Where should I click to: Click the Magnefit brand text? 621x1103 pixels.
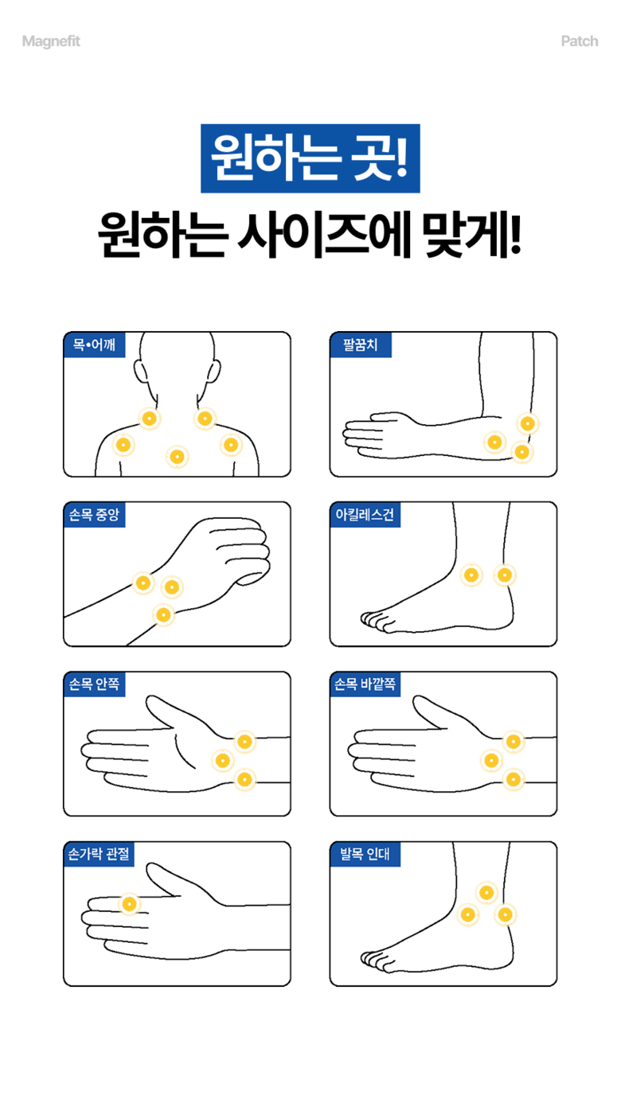click(51, 41)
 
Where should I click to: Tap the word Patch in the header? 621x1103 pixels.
click(580, 41)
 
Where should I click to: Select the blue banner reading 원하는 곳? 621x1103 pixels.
click(310, 158)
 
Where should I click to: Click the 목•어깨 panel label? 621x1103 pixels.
click(94, 345)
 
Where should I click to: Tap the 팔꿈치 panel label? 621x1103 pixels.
click(361, 345)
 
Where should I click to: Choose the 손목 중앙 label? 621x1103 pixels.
click(94, 515)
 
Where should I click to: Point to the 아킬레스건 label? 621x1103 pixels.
click(365, 515)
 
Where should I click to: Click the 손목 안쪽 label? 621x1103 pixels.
click(94, 684)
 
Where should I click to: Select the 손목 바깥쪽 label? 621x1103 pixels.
click(365, 684)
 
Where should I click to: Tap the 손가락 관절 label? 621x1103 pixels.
click(99, 854)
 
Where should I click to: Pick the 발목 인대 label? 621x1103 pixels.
click(365, 854)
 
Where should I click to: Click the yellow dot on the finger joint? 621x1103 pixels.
click(130, 904)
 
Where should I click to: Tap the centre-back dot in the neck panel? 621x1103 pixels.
click(177, 457)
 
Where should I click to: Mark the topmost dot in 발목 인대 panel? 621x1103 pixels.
click(486, 893)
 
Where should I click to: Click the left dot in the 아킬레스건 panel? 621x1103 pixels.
click(471, 575)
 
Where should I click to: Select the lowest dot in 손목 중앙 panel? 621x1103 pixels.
click(163, 614)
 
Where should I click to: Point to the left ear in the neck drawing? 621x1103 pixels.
click(140, 372)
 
